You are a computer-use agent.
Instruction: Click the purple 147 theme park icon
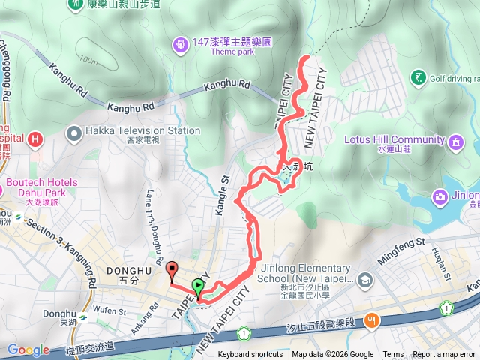click(180, 46)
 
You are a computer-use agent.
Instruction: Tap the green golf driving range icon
click(418, 77)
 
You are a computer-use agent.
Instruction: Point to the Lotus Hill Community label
click(394, 139)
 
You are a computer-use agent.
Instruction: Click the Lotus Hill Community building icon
click(456, 141)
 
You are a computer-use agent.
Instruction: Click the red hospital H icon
click(33, 139)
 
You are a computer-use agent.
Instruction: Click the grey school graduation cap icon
click(365, 280)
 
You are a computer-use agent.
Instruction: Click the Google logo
click(28, 349)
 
